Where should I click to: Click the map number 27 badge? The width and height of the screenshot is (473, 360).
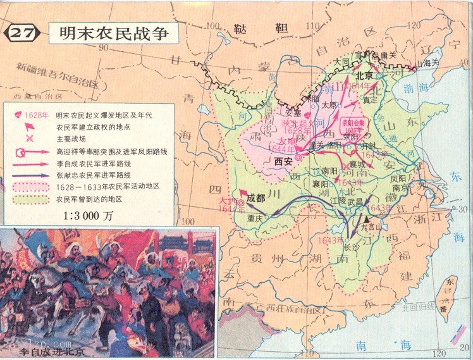tap(24, 34)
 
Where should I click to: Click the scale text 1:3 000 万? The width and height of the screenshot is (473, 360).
tap(88, 214)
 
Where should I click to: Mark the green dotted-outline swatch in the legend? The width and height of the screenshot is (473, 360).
tap(30, 198)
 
